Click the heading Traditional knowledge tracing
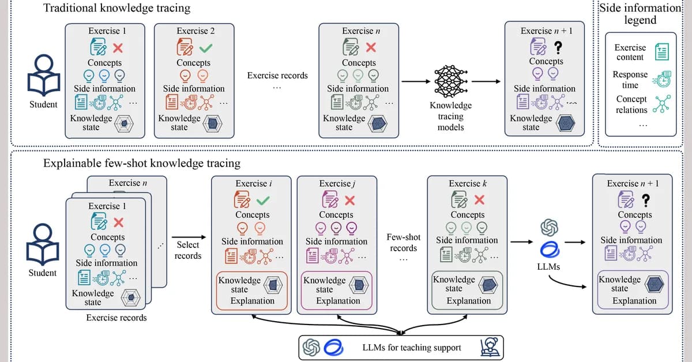pos(117,9)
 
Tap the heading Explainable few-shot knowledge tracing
pos(142,163)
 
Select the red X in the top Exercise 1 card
pos(118,48)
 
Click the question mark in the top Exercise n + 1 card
pos(558,47)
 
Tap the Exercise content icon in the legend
pos(661,52)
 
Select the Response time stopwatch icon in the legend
pos(661,79)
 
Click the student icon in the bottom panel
pos(43,245)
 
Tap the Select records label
pos(188,250)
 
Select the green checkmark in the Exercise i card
pos(262,200)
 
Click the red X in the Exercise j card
pos(349,200)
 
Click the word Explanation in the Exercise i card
pos(253,300)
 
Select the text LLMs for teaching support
pos(412,347)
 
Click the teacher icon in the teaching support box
pos(488,347)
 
